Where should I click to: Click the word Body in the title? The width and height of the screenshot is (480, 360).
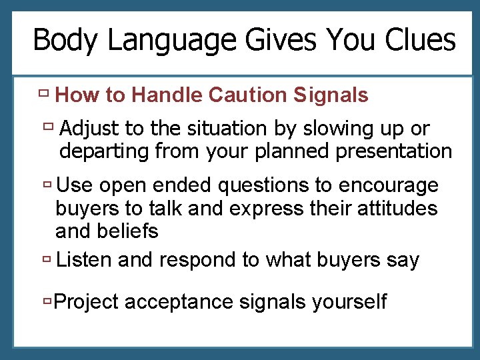pyautogui.click(x=66, y=41)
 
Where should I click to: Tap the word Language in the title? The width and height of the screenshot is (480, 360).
pyautogui.click(x=172, y=41)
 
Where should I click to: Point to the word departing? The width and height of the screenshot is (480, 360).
pyautogui.click(x=104, y=151)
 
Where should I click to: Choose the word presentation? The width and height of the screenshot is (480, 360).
pyautogui.click(x=394, y=151)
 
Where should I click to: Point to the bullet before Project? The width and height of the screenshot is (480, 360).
pyautogui.click(x=47, y=301)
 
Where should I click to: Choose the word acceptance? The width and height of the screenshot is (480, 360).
pyautogui.click(x=179, y=302)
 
